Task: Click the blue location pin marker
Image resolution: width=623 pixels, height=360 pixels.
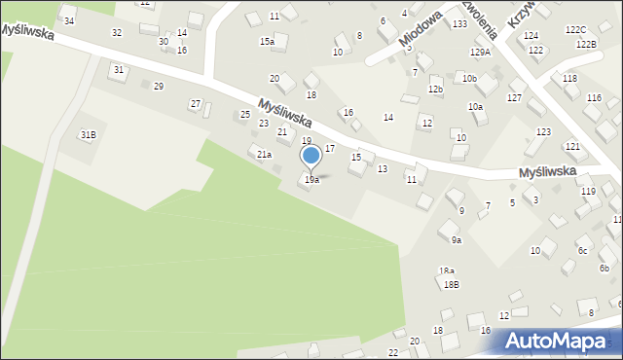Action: click(311, 157)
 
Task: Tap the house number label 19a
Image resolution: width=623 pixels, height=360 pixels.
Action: click(311, 180)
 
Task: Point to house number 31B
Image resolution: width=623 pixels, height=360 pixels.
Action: click(88, 134)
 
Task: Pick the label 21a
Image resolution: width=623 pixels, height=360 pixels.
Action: click(264, 154)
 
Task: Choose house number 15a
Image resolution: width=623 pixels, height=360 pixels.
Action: click(267, 42)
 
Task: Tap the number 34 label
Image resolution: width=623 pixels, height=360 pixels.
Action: click(69, 20)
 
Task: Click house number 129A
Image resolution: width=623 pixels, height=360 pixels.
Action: click(480, 53)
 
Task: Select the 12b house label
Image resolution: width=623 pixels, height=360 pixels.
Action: click(435, 90)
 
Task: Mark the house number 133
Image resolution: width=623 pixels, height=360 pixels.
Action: click(458, 23)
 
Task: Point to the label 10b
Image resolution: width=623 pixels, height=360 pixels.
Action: click(469, 78)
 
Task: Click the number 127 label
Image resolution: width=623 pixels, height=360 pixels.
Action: click(514, 98)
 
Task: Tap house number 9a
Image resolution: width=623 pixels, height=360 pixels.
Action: click(456, 239)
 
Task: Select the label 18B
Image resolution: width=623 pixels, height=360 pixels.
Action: click(451, 284)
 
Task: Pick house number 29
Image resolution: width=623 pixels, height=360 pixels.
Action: click(158, 87)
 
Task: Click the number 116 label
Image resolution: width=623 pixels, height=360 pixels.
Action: click(594, 98)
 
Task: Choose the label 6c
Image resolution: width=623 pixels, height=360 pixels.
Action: click(582, 251)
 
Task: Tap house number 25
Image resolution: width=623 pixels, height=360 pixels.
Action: click(245, 115)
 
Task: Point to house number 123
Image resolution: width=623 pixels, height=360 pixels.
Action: click(543, 131)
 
